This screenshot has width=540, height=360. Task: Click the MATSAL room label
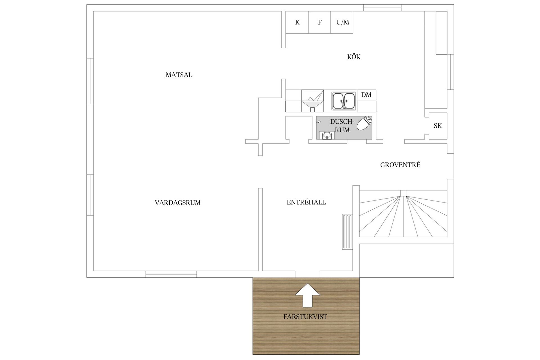[x=179, y=75]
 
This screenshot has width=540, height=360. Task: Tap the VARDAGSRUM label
[x=178, y=203]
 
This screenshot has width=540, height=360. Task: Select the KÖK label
[x=354, y=57]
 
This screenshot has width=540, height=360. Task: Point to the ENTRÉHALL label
[x=306, y=202]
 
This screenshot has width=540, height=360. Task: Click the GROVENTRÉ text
[x=400, y=165]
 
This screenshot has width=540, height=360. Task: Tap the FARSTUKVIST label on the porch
[x=305, y=317]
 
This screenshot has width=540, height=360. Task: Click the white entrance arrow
[x=307, y=295]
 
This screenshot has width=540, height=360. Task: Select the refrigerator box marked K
[x=297, y=22]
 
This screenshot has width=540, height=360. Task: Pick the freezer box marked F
[x=319, y=22]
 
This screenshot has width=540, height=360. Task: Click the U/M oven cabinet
[x=342, y=22]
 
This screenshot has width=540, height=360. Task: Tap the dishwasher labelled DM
[x=366, y=95]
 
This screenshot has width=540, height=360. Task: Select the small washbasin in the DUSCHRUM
[x=327, y=136]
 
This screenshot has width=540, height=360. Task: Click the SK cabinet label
[x=438, y=126]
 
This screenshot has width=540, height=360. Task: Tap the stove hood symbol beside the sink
[x=312, y=101]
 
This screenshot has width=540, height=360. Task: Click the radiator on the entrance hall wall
[x=347, y=232]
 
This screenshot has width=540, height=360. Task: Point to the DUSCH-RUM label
[x=342, y=126]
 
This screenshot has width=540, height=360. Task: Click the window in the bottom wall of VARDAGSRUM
[x=171, y=274]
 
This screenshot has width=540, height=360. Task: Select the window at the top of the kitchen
[x=382, y=8]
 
